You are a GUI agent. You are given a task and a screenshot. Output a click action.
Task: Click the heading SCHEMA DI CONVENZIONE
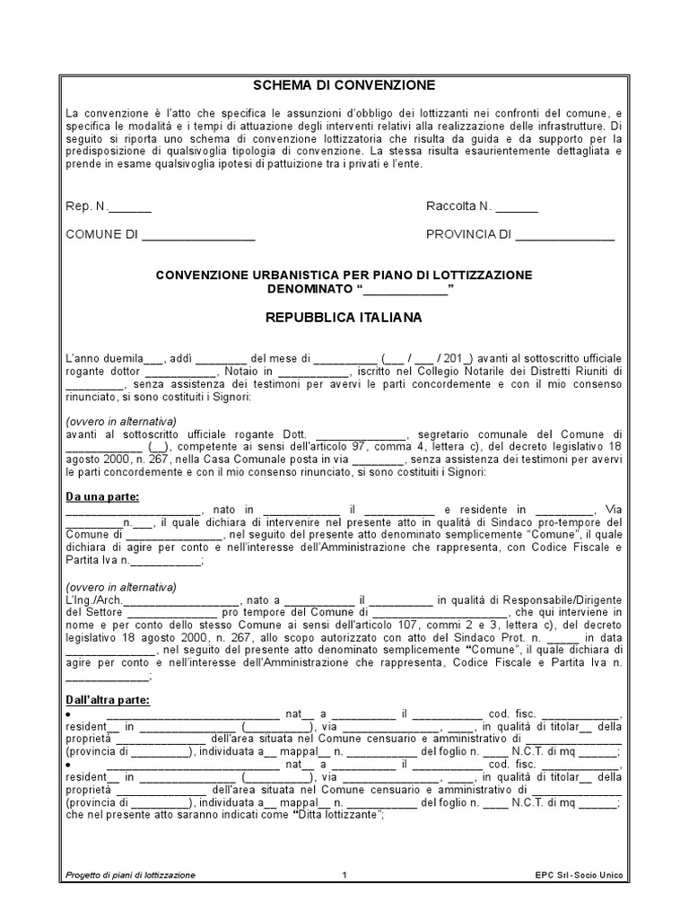click(x=344, y=85)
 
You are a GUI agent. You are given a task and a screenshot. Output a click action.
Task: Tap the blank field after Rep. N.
click(x=130, y=207)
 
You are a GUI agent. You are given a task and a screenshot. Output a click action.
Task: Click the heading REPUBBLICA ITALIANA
click(x=344, y=318)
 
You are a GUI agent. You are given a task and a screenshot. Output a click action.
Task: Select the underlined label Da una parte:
click(x=102, y=495)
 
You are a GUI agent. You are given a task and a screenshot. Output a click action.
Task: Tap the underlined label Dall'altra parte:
click(x=109, y=700)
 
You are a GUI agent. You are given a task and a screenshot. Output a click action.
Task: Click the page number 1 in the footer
click(x=344, y=874)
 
